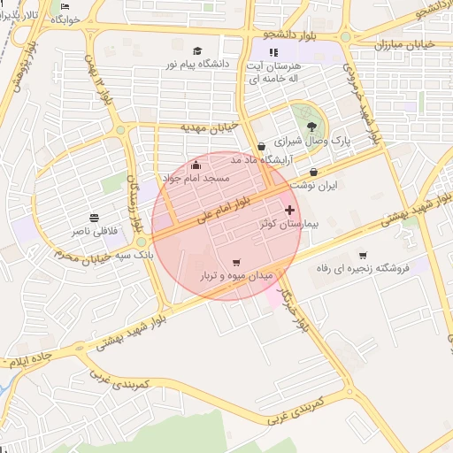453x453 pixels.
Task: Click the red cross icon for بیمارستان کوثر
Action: point(289,210)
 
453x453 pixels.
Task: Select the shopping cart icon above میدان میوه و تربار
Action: point(235,262)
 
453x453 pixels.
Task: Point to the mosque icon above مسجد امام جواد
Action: point(196,165)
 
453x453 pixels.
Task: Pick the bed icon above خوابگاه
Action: point(66,6)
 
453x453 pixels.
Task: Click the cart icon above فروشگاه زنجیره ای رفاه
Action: point(363,255)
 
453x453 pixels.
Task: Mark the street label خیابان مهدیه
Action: point(210,127)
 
